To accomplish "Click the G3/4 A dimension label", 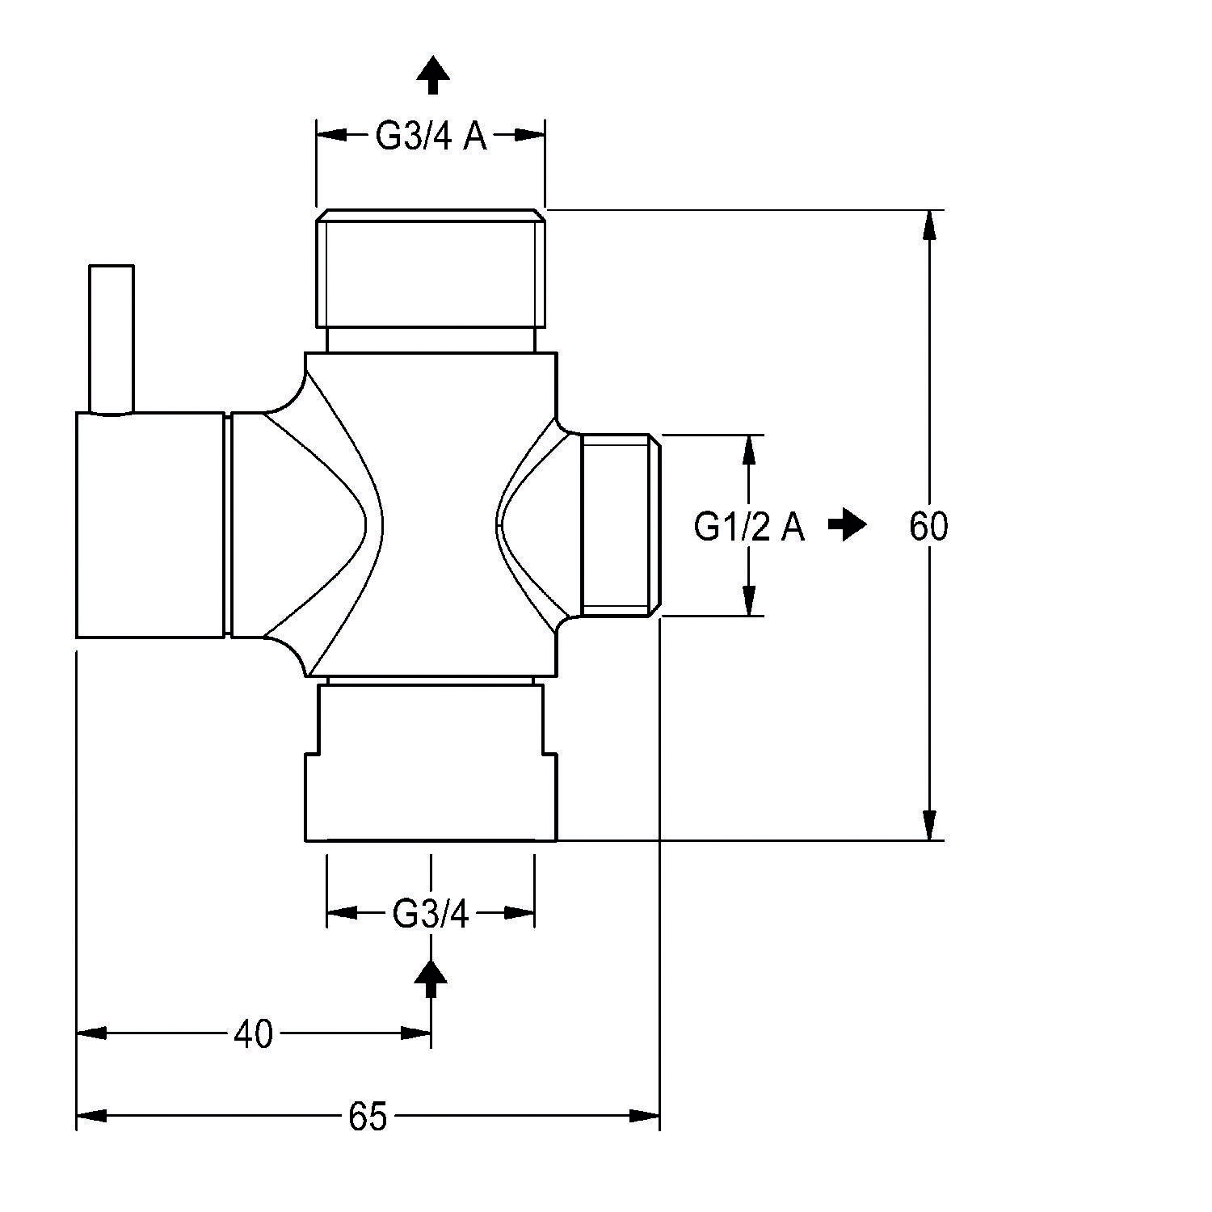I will coord(431,137).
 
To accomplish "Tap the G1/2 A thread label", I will coord(749,527).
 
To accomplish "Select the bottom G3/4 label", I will coord(430,915).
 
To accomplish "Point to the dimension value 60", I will coord(928,527).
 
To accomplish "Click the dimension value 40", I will coord(253,1034).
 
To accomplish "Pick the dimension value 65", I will coord(368,1117).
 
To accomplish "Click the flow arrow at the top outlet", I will coord(433,75).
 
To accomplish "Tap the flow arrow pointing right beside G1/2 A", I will coord(848,525).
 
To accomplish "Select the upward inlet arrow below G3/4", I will coord(431,980).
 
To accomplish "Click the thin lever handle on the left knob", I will coord(112,339).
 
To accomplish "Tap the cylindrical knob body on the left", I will coord(149,525).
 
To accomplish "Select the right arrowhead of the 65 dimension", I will coord(645,1116).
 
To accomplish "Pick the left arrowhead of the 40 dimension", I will coord(91,1033).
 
